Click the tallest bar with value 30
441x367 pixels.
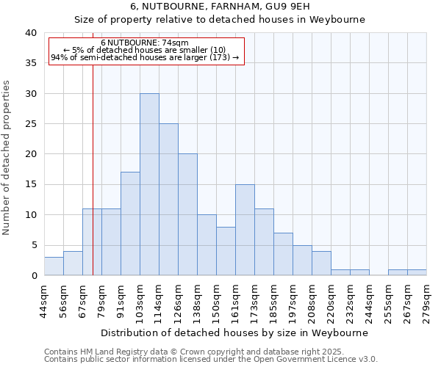point(149,184)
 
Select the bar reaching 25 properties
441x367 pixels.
point(168,200)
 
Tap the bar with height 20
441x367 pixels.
point(187,214)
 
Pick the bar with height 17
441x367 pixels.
point(130,224)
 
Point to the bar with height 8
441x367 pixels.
point(226,251)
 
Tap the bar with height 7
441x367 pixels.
point(283,254)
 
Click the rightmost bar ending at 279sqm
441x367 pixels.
point(417,272)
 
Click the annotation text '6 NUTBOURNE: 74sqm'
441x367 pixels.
point(145,43)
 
